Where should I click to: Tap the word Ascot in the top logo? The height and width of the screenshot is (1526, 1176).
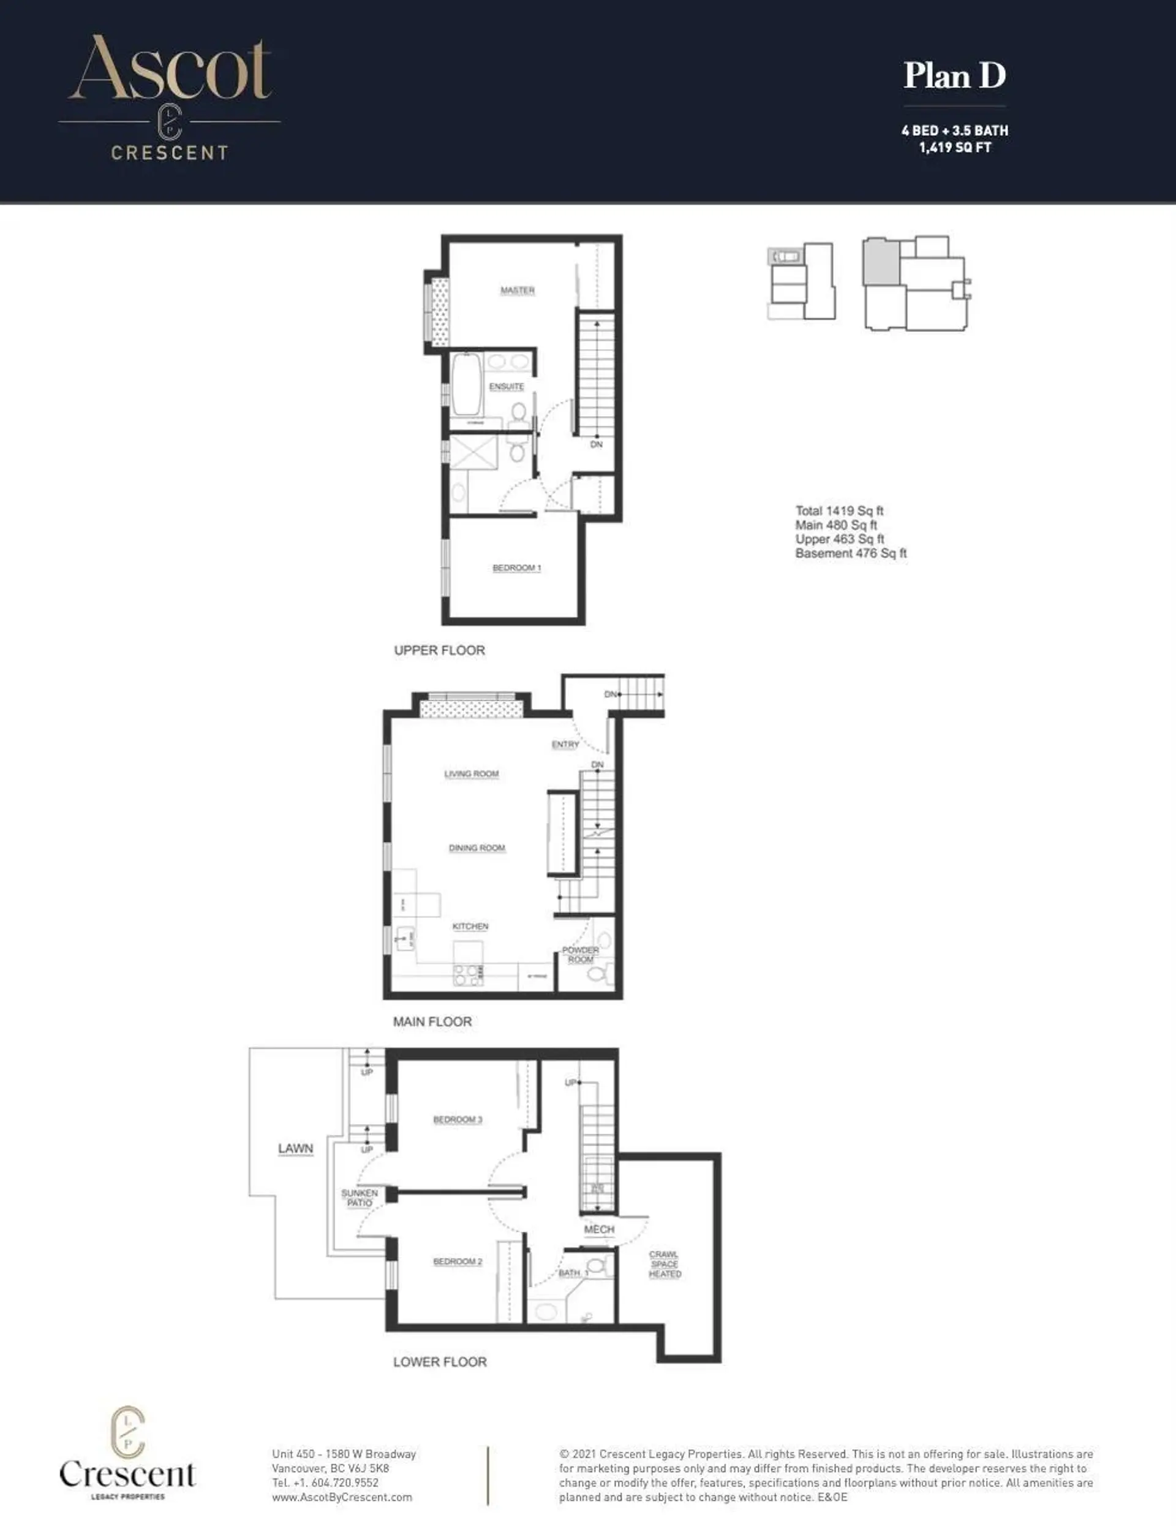click(170, 70)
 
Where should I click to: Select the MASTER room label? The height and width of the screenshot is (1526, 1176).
click(518, 290)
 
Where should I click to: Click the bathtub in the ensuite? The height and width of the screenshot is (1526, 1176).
click(465, 384)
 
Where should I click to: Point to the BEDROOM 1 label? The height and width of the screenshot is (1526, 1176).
click(517, 568)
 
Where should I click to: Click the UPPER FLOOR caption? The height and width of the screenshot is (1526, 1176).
click(439, 650)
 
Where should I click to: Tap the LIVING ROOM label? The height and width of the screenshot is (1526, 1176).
click(472, 773)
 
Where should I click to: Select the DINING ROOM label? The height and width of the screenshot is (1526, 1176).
click(477, 848)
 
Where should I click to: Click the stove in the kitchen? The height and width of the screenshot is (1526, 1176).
click(468, 974)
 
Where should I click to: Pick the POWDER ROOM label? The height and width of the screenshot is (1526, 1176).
click(580, 954)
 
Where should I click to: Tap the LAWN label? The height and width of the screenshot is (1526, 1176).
click(295, 1148)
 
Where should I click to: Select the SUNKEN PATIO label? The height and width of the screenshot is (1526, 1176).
click(359, 1198)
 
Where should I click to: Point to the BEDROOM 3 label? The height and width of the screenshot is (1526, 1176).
click(458, 1119)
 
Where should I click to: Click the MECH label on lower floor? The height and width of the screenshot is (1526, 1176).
click(599, 1229)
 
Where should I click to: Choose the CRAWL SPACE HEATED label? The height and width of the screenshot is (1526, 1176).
click(664, 1264)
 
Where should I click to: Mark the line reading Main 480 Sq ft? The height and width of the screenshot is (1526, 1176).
click(836, 525)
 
